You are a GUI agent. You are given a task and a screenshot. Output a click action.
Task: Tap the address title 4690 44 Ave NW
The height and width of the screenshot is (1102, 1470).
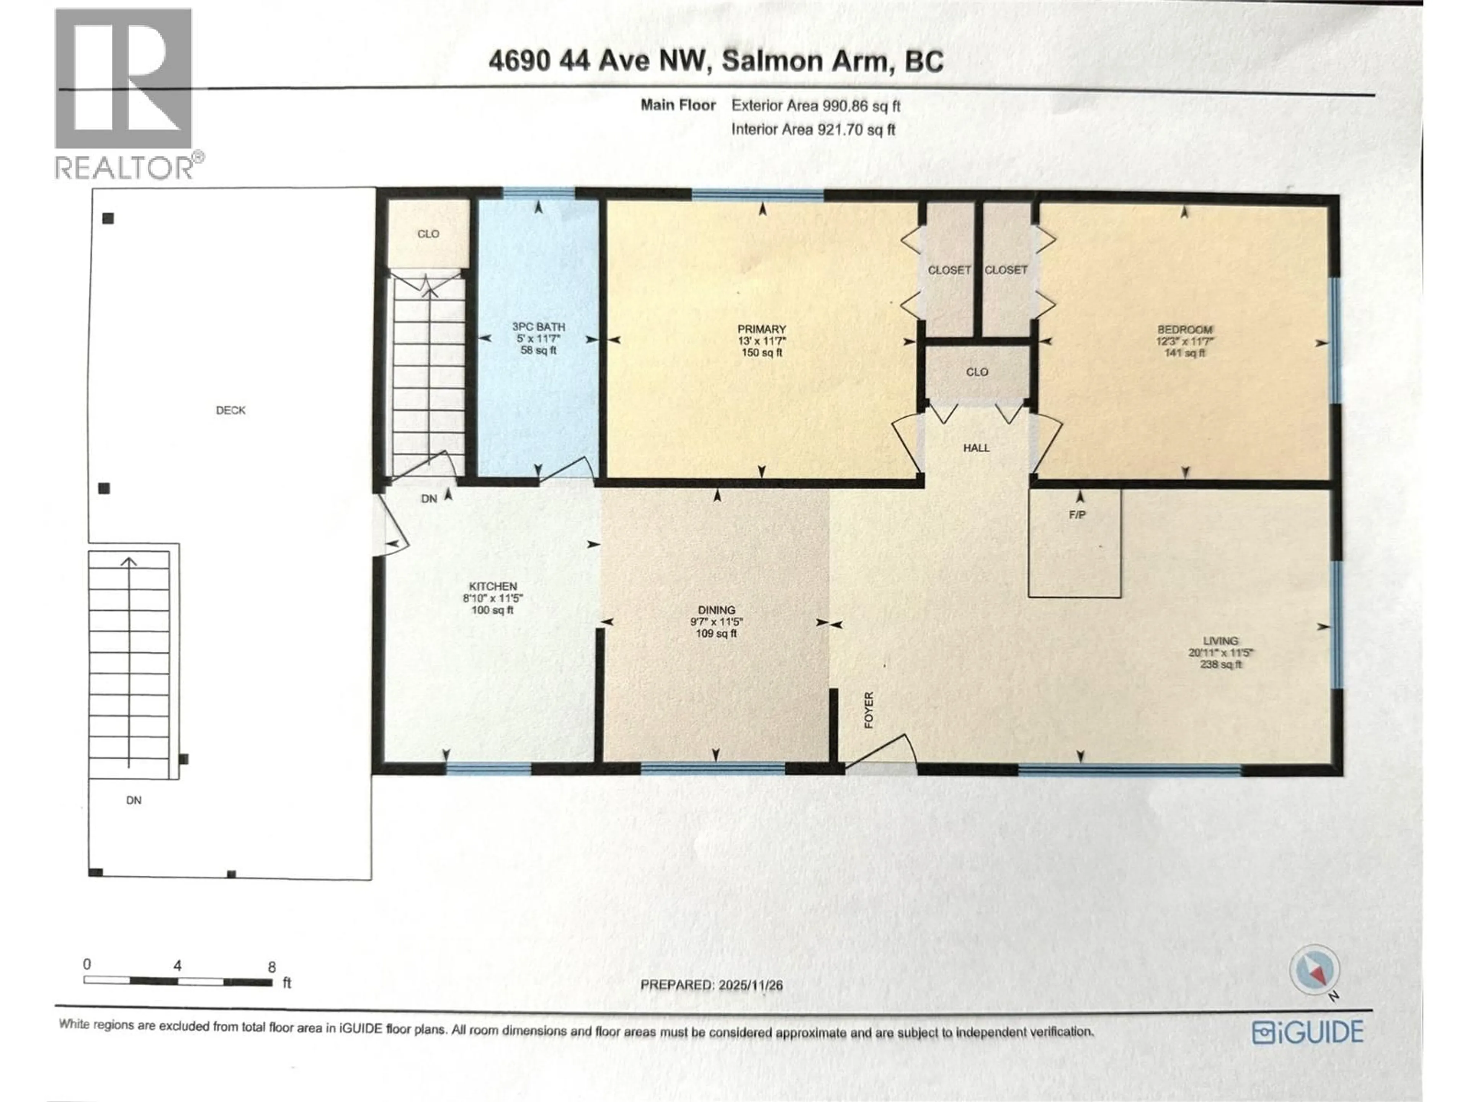pos(716,61)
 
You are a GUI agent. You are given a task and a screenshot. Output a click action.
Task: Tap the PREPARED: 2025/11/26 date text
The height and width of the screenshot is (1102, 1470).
pos(711,985)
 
